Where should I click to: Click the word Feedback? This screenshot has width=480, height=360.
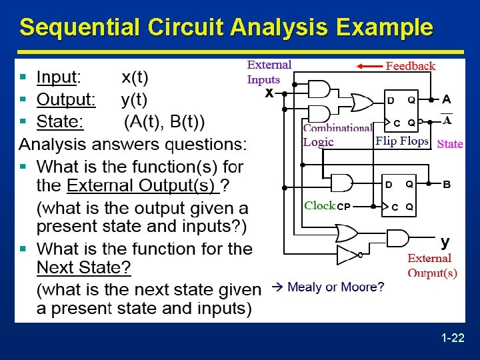[x=411, y=66]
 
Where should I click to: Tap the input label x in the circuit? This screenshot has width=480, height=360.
[x=269, y=93]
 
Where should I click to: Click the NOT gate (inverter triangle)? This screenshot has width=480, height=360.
[x=349, y=255]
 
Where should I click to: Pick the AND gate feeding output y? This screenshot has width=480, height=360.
[x=397, y=239]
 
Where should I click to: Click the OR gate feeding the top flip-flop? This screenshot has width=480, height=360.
[x=362, y=102]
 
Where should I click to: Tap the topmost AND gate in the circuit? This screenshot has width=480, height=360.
[x=319, y=89]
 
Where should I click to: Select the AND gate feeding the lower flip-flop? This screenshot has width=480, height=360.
[x=342, y=183]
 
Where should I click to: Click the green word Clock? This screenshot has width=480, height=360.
[x=319, y=206]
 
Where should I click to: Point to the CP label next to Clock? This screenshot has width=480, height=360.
[x=343, y=207]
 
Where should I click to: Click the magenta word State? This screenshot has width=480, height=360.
[x=450, y=144]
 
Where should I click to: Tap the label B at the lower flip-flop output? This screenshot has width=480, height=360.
[x=447, y=184]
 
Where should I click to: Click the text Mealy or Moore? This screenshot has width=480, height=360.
[x=335, y=287]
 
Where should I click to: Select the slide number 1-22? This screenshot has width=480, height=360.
[x=453, y=339]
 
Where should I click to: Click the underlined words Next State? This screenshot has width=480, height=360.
[x=84, y=268]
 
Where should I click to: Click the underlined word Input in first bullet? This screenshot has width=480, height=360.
[x=57, y=77]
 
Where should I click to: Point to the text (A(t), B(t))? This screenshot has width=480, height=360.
[x=165, y=122]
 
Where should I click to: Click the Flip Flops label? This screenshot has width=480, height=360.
[x=401, y=141]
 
